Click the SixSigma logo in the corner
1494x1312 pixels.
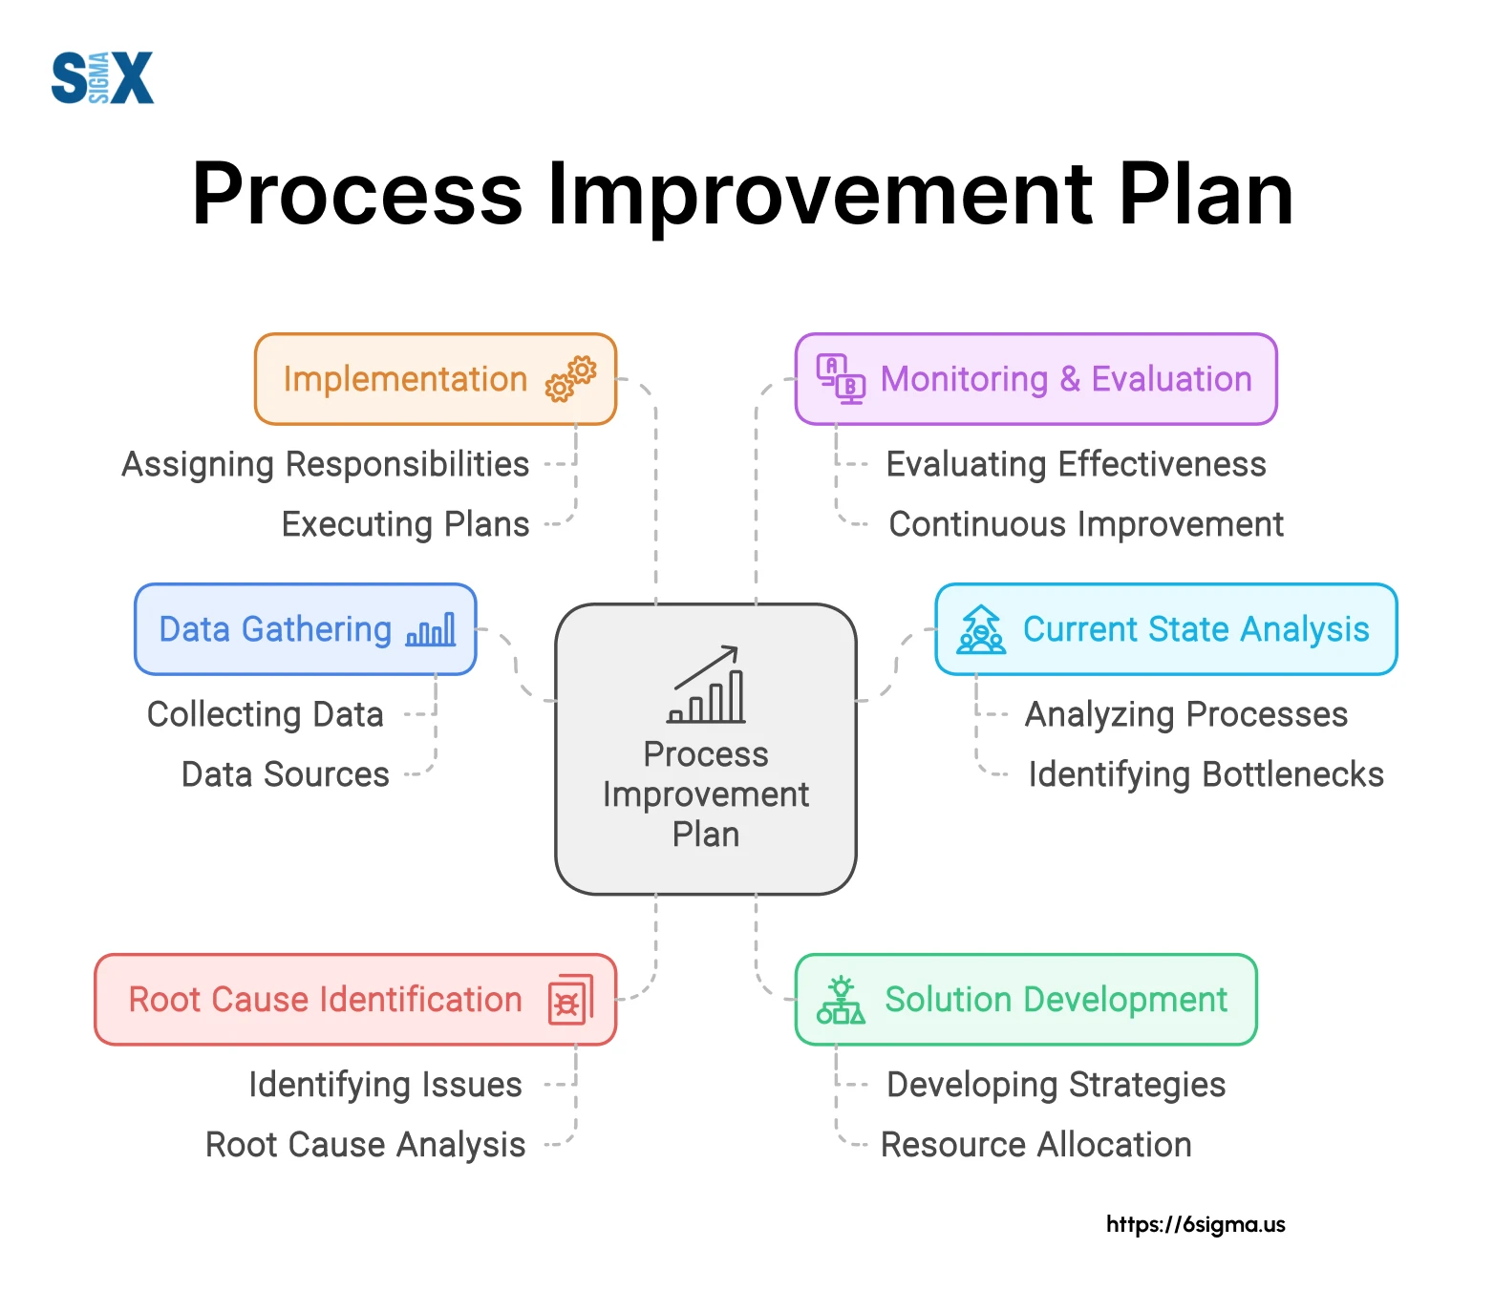tap(102, 77)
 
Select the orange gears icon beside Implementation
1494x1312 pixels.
tap(570, 379)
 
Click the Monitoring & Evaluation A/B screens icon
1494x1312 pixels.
tap(841, 378)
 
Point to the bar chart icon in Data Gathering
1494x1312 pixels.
tap(431, 630)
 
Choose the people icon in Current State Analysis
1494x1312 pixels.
tap(981, 630)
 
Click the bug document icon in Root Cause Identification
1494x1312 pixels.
tap(570, 1000)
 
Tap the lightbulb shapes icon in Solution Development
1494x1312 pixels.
tap(841, 1000)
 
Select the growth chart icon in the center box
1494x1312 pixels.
tap(707, 685)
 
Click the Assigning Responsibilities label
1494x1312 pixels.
tap(325, 465)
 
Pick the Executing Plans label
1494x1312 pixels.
tap(405, 524)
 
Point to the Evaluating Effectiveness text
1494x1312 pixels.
tap(1076, 465)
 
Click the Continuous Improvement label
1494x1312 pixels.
tap(1085, 524)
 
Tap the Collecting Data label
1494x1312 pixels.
tap(266, 714)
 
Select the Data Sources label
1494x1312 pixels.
tap(285, 774)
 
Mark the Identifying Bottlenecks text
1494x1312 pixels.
tap(1206, 774)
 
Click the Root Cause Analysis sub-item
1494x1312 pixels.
tap(365, 1145)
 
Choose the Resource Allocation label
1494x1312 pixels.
tap(1035, 1145)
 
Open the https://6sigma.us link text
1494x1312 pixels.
tap(1195, 1224)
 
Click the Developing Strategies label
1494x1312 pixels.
tap(1056, 1085)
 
